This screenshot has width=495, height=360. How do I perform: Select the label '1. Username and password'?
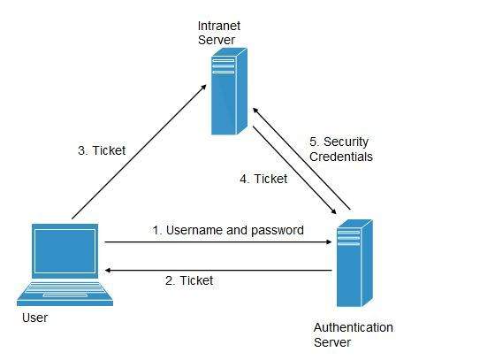pos(228,230)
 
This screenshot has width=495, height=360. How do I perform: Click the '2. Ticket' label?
pos(189,280)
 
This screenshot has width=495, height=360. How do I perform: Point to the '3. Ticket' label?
pos(102,150)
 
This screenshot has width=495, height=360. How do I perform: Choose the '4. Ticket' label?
pos(263,179)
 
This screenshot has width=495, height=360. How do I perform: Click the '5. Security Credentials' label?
pos(340,149)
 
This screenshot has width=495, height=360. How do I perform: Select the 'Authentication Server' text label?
pos(353,334)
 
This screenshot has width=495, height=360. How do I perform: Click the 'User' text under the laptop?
pos(34,317)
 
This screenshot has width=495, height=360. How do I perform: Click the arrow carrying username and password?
pos(217,241)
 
